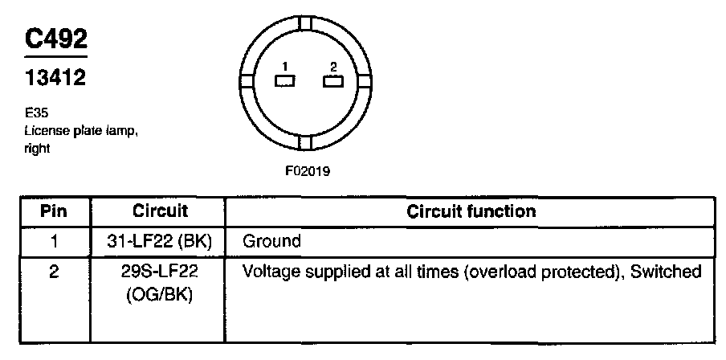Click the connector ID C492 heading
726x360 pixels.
(x=55, y=39)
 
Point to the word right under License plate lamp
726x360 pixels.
(x=37, y=149)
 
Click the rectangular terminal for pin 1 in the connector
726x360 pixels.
(x=285, y=81)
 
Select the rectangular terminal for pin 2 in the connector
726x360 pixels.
(x=332, y=81)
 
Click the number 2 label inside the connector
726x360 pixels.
(x=332, y=67)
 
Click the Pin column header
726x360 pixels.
(x=54, y=212)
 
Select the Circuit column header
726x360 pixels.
(x=160, y=212)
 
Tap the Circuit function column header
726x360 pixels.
(x=471, y=212)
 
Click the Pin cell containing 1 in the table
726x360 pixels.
(x=54, y=240)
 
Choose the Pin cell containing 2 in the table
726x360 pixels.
(x=54, y=272)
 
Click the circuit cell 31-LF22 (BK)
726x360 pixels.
(x=160, y=240)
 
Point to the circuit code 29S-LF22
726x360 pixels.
(x=160, y=272)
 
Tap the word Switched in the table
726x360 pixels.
(x=667, y=272)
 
